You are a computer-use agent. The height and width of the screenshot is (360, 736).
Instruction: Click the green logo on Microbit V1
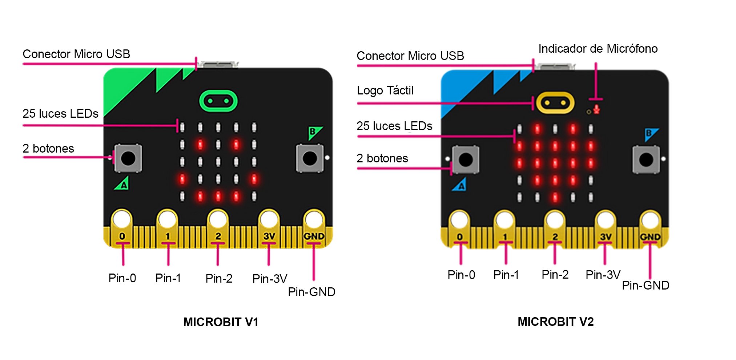tap(218, 101)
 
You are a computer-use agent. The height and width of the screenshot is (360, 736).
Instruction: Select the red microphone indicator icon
tap(596, 109)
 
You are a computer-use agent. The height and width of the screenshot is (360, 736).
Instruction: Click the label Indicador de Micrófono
tap(598, 49)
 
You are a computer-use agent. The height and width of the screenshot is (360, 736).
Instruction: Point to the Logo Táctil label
tap(385, 90)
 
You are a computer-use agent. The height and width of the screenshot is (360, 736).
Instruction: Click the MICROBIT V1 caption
tap(221, 322)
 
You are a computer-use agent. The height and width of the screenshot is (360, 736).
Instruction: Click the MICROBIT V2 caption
tap(555, 321)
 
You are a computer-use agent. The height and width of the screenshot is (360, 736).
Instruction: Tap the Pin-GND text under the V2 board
tap(645, 286)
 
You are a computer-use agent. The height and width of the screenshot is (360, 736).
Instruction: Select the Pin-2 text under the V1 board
tap(219, 279)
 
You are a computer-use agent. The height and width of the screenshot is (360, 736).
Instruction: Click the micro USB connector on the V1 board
tap(218, 65)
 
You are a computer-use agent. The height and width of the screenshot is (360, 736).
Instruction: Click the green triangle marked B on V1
tap(314, 133)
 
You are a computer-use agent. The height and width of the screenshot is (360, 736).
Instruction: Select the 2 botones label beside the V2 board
tap(382, 158)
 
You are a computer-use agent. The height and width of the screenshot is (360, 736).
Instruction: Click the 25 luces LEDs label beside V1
tap(60, 114)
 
